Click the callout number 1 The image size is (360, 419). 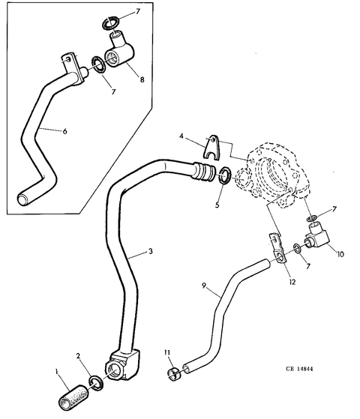57,372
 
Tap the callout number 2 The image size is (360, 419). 78,356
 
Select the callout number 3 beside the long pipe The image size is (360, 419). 151,251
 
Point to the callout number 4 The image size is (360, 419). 181,136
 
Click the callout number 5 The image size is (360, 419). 217,205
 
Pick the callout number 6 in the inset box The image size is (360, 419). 64,131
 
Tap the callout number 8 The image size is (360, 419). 142,79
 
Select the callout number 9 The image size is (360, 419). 204,286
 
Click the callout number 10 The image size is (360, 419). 340,254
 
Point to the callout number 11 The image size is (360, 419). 167,353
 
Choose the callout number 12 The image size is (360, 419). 292,282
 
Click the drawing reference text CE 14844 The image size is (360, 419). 299,369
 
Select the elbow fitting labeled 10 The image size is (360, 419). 317,236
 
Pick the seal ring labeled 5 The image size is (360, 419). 225,175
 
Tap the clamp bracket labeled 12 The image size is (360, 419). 277,249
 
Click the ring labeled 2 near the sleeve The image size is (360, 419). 96,383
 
